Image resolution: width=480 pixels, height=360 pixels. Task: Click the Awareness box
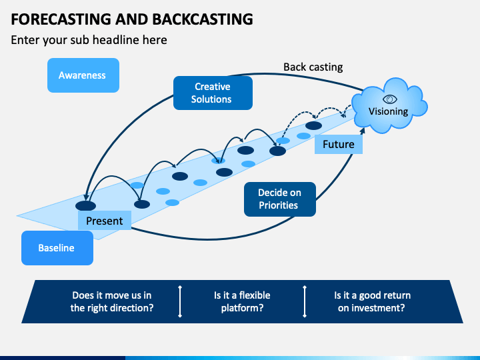pyautogui.click(x=83, y=75)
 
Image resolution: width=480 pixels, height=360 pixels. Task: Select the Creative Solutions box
pyautogui.click(x=213, y=93)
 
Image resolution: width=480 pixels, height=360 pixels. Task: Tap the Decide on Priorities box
pyautogui.click(x=280, y=199)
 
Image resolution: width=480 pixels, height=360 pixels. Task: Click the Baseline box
pyautogui.click(x=57, y=248)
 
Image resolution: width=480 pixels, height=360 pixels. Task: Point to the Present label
pyautogui.click(x=105, y=221)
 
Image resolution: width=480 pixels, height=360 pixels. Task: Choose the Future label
pyautogui.click(x=339, y=144)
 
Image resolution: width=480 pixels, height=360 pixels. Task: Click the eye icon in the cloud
pyautogui.click(x=390, y=99)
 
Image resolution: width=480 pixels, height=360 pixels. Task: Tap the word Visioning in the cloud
pyautogui.click(x=388, y=111)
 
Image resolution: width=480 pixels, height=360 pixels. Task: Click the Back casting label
pyautogui.click(x=313, y=67)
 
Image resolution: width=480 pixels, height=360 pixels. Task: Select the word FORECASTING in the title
pyautogui.click(x=61, y=19)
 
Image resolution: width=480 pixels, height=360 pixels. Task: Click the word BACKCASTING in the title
pyautogui.click(x=203, y=19)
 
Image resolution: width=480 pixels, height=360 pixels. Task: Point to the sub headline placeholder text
pyautogui.click(x=89, y=40)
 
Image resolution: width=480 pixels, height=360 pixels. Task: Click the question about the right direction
pyautogui.click(x=112, y=301)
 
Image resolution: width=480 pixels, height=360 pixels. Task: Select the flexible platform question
pyautogui.click(x=242, y=301)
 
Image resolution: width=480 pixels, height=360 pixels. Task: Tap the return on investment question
pyautogui.click(x=372, y=301)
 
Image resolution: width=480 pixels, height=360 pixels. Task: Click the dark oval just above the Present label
pyautogui.click(x=86, y=206)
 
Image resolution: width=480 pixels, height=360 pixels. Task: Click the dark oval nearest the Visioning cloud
pyautogui.click(x=314, y=125)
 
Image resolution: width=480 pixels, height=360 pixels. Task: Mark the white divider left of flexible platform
pyautogui.click(x=180, y=301)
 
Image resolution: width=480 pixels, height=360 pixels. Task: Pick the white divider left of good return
pyautogui.click(x=305, y=301)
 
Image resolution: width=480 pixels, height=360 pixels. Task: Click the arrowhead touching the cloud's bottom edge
pyautogui.click(x=362, y=131)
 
